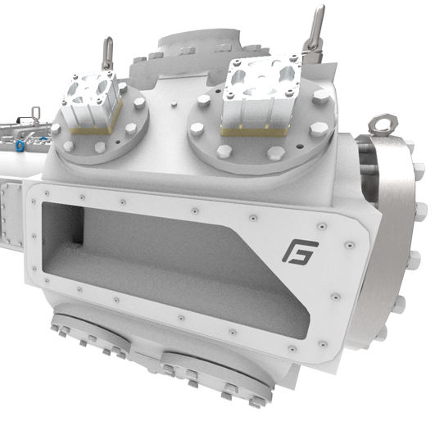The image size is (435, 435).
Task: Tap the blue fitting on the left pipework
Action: coord(16,147)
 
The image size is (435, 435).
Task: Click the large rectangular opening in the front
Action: coord(164,246)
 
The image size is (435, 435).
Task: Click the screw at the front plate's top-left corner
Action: coord(39,193)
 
